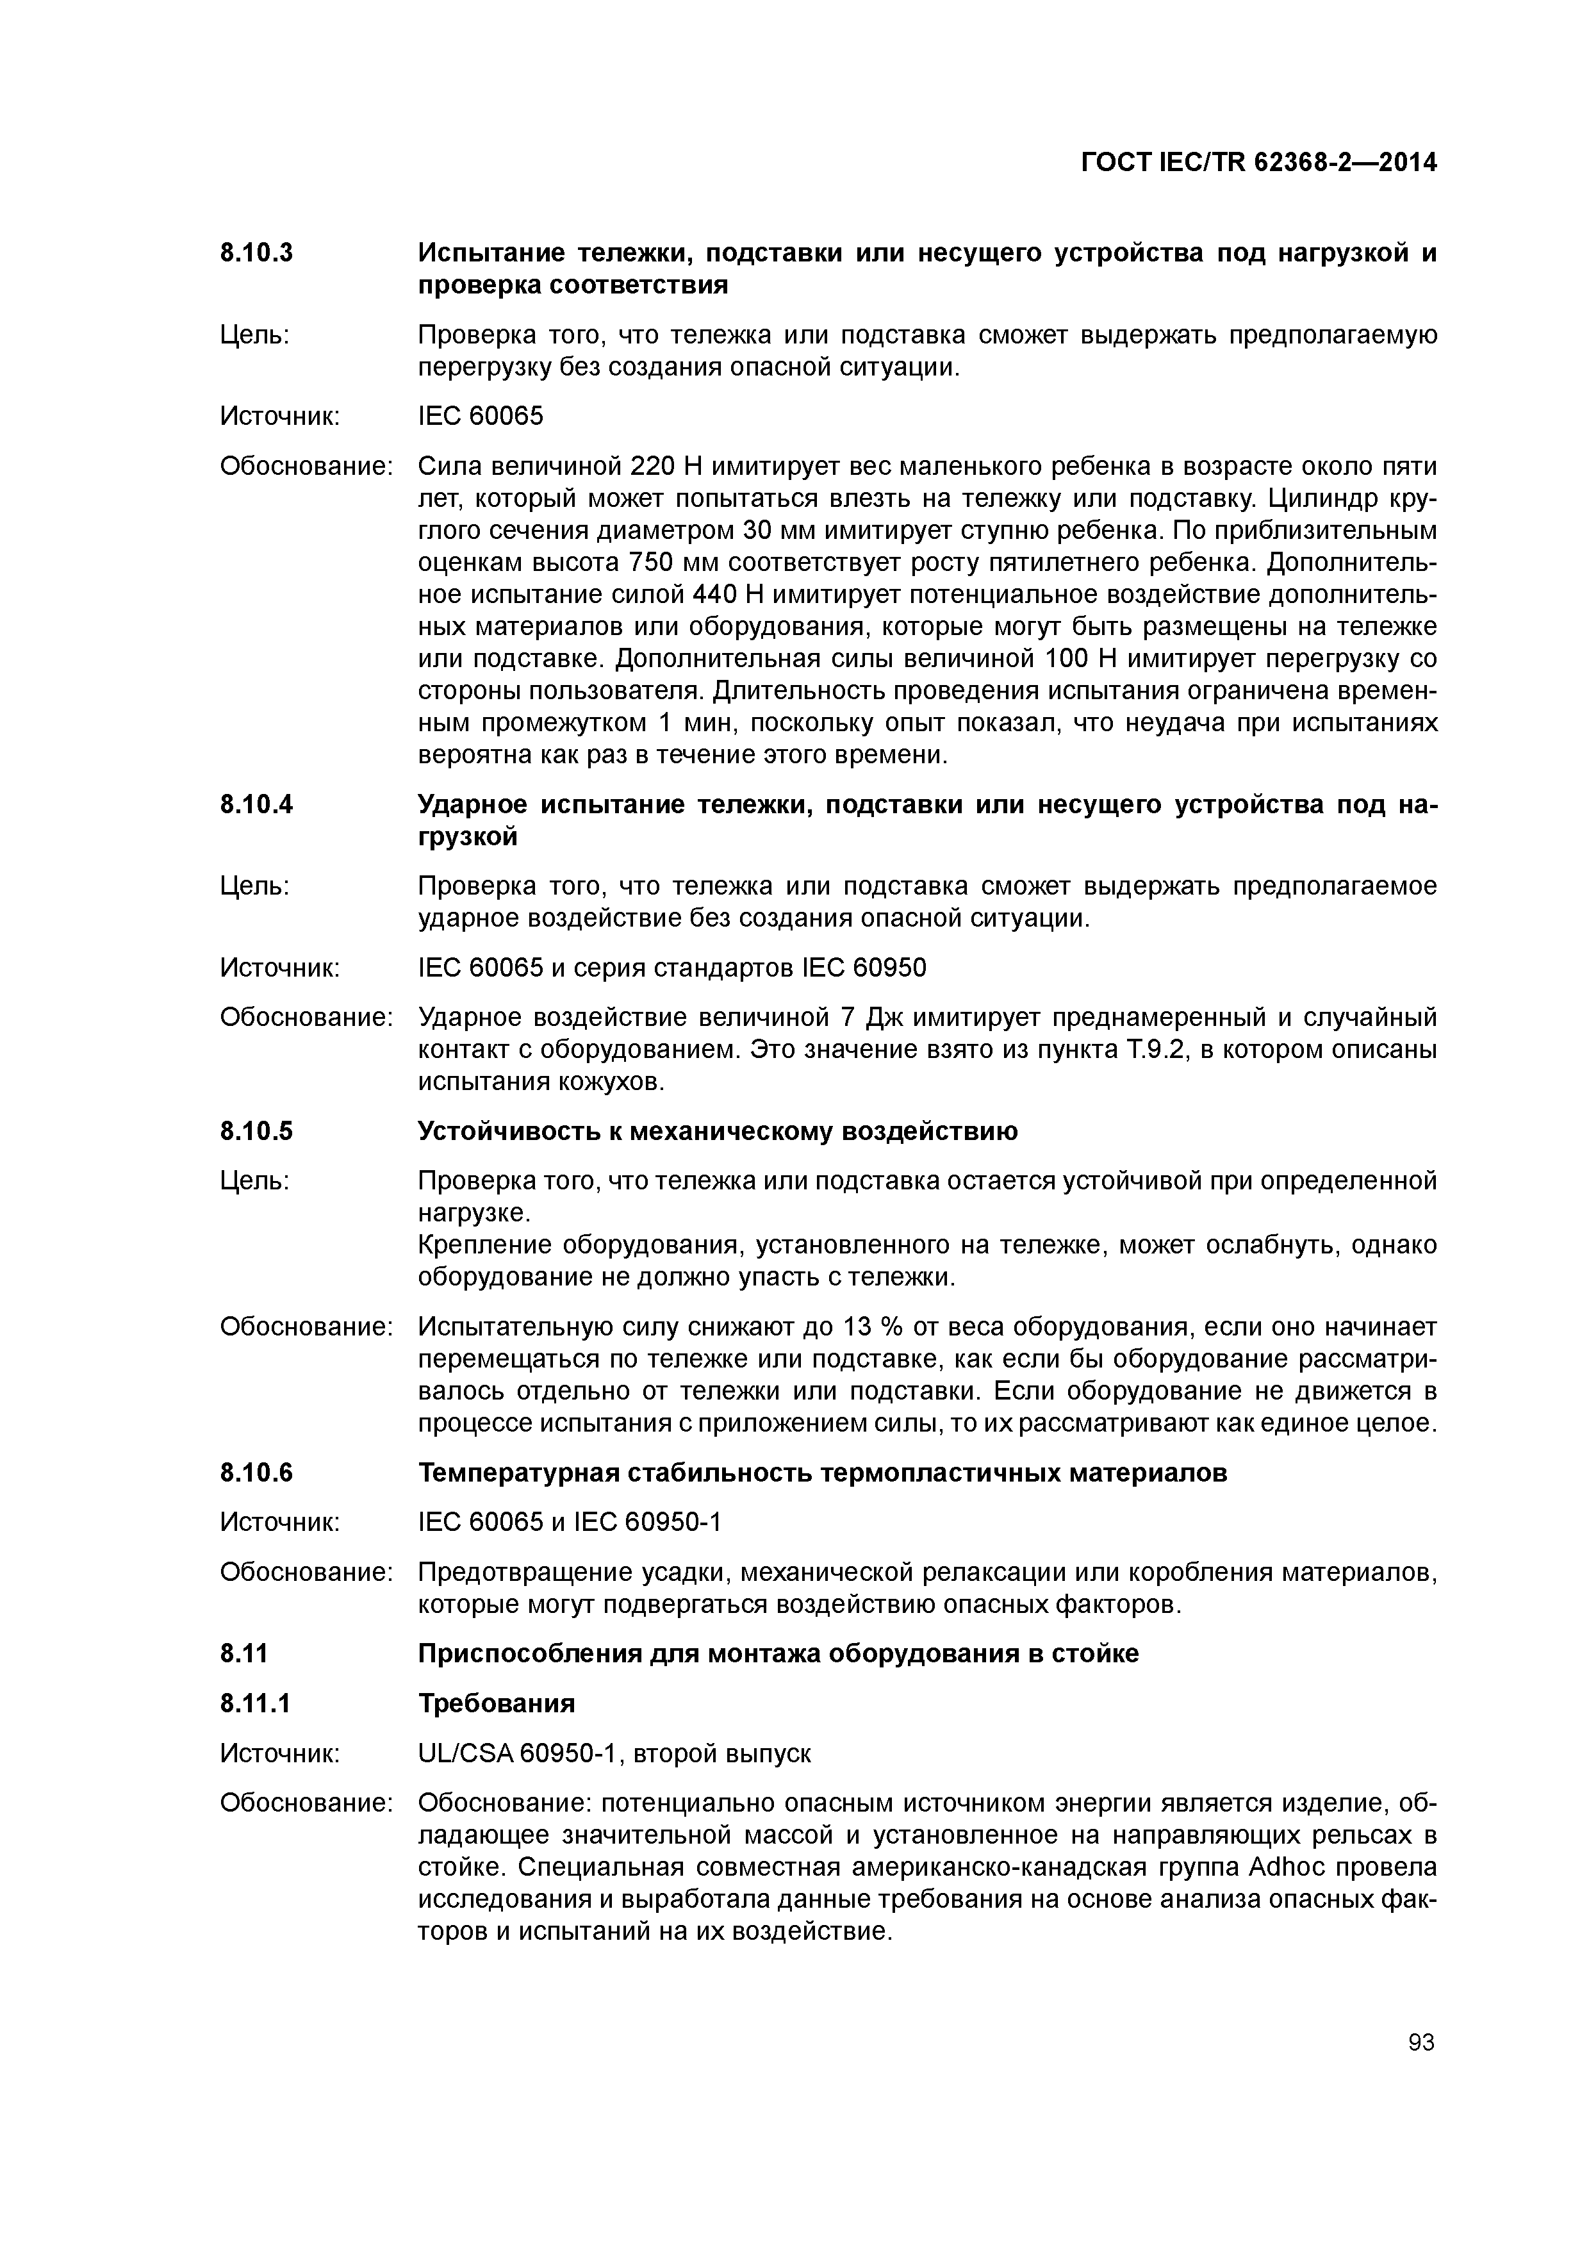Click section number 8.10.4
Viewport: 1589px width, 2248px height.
pyautogui.click(x=256, y=805)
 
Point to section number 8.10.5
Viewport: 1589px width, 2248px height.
pyautogui.click(x=256, y=1132)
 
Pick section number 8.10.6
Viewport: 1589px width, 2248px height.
pyautogui.click(x=256, y=1473)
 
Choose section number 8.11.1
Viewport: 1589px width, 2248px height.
pyautogui.click(x=256, y=1704)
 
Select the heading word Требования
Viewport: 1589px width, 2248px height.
pyautogui.click(x=497, y=1704)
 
